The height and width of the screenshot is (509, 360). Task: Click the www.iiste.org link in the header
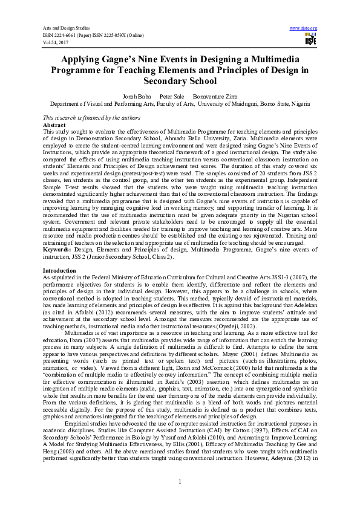tap(304, 28)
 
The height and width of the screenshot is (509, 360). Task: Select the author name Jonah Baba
tap(136, 96)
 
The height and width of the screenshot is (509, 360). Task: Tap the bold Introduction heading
tap(59, 270)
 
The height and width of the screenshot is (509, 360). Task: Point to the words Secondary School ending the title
tap(180, 81)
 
